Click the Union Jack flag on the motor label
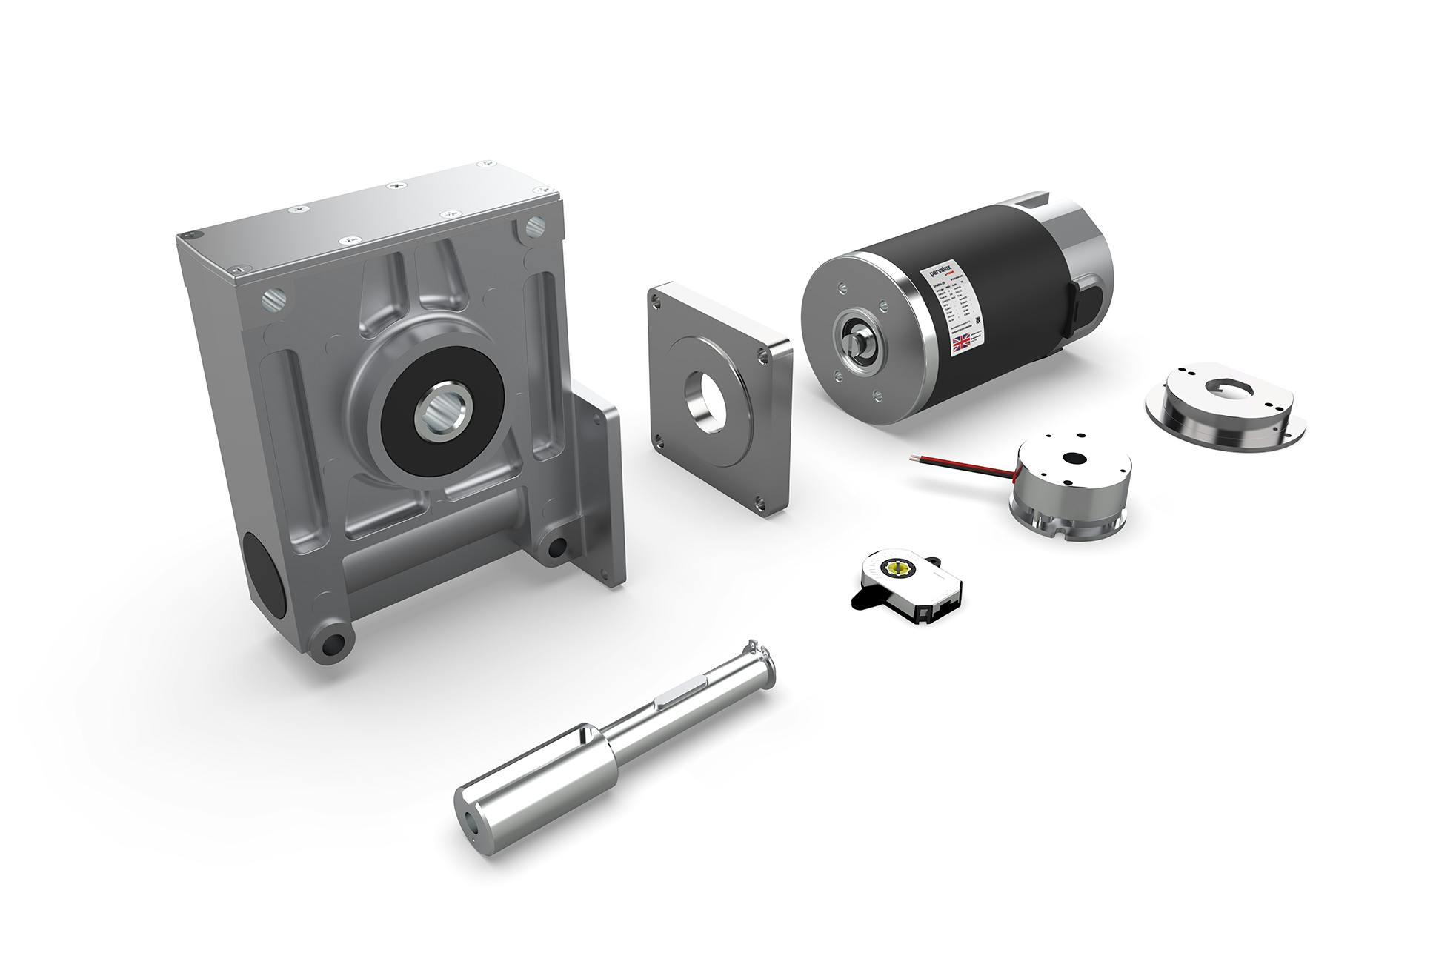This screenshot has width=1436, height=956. pos(962,342)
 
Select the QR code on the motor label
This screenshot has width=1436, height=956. pos(977,319)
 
